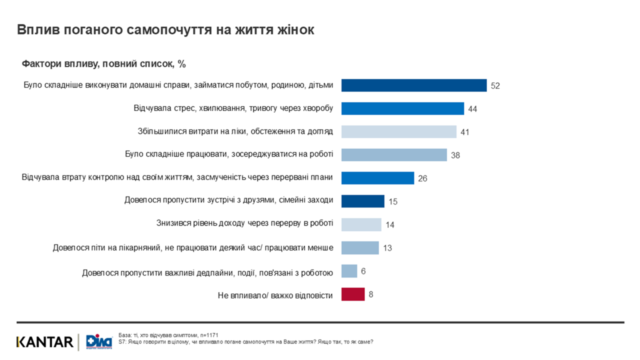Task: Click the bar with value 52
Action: (413, 85)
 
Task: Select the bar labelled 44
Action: (402, 108)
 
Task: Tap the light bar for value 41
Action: (398, 131)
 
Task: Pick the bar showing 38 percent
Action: (393, 155)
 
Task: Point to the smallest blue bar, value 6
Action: (349, 271)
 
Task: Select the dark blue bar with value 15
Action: (362, 201)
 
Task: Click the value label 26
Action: (422, 178)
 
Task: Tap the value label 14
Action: (390, 225)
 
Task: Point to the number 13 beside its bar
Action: (387, 248)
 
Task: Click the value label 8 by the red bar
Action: (371, 294)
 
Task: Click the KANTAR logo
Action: (45, 342)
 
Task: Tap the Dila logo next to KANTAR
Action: (95, 342)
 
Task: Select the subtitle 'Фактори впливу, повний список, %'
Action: (103, 64)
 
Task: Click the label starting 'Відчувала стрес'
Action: (233, 108)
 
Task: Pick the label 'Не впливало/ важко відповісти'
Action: (275, 295)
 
